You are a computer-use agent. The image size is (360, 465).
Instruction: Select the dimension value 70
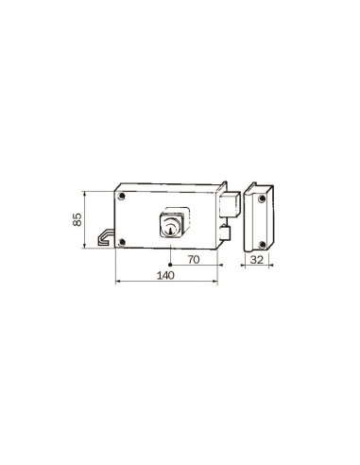point(193,258)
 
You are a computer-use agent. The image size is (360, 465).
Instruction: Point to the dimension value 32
point(257,258)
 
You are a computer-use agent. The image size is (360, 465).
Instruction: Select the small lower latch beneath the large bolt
point(225,231)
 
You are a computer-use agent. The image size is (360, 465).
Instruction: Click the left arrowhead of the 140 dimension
point(116,281)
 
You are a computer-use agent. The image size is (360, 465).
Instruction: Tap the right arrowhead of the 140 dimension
point(217,281)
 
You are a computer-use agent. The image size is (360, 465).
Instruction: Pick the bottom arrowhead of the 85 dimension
point(87,249)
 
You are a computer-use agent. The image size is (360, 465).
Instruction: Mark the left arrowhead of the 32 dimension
point(244,266)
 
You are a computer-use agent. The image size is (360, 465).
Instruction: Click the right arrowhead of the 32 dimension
point(272,266)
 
